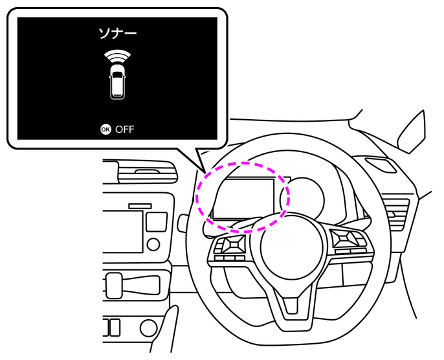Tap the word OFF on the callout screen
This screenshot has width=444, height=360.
(126, 129)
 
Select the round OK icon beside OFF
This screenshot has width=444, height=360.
(105, 129)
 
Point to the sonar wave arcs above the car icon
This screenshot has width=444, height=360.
(117, 55)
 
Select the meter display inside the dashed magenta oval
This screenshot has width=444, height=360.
(247, 198)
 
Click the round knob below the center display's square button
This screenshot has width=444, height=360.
(153, 244)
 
